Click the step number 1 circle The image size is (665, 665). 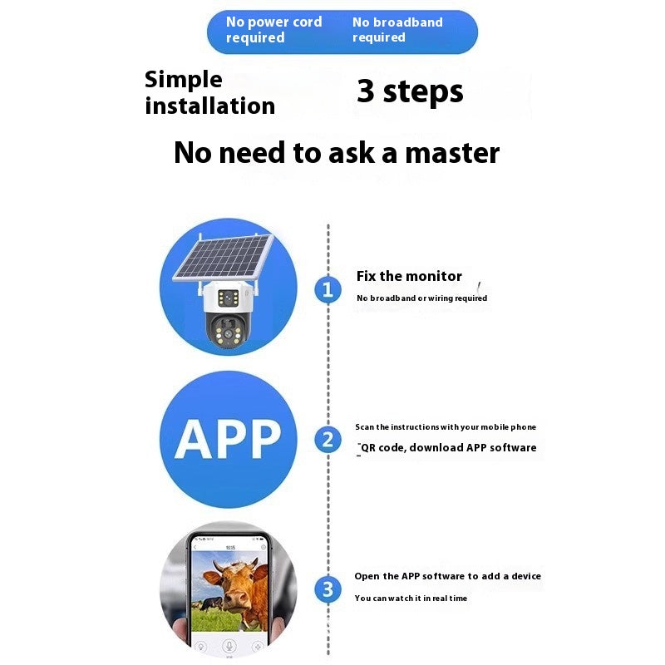[328, 289]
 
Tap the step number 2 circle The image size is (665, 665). [328, 440]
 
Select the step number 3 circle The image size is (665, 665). [328, 589]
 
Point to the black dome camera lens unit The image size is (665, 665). [226, 331]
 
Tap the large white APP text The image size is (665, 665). [228, 439]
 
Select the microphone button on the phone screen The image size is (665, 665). [229, 646]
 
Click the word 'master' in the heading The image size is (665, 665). [452, 153]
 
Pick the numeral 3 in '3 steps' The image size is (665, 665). [366, 91]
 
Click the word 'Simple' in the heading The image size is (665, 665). [183, 80]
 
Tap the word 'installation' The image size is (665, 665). [210, 106]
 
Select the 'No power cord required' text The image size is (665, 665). [274, 30]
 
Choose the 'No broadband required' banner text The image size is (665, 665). [397, 30]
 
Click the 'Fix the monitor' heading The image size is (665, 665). [409, 276]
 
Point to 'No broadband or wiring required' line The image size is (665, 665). [421, 298]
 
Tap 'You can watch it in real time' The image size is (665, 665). [411, 598]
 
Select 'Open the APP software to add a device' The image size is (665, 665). [447, 576]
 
